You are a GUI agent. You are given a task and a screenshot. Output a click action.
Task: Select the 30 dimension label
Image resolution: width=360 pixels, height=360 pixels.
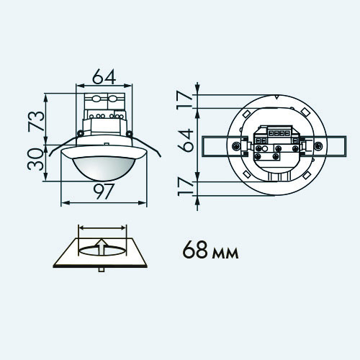[x=36, y=159]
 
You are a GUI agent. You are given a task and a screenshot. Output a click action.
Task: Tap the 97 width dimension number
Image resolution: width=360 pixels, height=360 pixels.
[x=104, y=192]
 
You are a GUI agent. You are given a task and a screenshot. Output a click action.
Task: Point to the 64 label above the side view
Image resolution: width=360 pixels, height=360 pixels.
[x=104, y=76]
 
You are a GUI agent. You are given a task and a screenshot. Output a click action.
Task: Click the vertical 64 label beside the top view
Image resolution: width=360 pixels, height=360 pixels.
[x=185, y=140]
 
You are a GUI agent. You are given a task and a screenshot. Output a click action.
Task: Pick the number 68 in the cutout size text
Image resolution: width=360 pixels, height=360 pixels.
[x=195, y=250]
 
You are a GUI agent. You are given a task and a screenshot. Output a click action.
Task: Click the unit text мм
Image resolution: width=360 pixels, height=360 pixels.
[x=225, y=253]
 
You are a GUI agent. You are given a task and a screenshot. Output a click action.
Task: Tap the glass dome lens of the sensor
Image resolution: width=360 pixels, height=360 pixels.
[x=104, y=168]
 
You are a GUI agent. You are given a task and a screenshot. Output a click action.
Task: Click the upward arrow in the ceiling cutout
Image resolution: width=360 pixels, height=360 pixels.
[x=102, y=247]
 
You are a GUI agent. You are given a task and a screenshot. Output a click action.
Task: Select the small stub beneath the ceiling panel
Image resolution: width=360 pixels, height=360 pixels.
[x=102, y=270]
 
